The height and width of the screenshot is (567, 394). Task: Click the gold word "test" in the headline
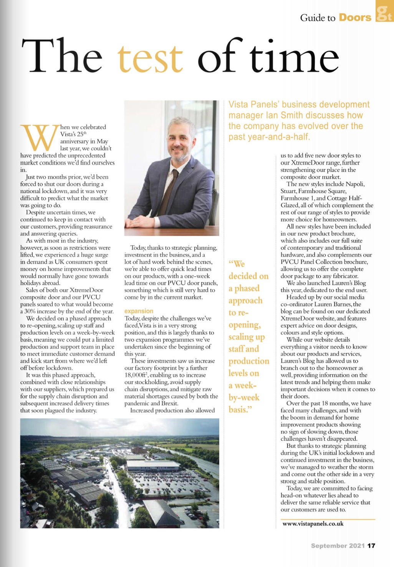(x=150, y=58)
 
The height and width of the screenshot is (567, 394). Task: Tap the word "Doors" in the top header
(x=355, y=17)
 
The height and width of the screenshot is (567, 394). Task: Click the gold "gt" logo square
(x=384, y=12)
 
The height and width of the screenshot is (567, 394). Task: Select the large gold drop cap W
(x=38, y=138)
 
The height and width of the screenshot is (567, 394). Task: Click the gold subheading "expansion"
(x=139, y=311)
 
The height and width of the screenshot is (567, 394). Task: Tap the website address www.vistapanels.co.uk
(x=313, y=524)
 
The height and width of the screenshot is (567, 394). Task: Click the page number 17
(x=371, y=545)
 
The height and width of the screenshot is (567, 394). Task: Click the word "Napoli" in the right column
(x=355, y=184)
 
